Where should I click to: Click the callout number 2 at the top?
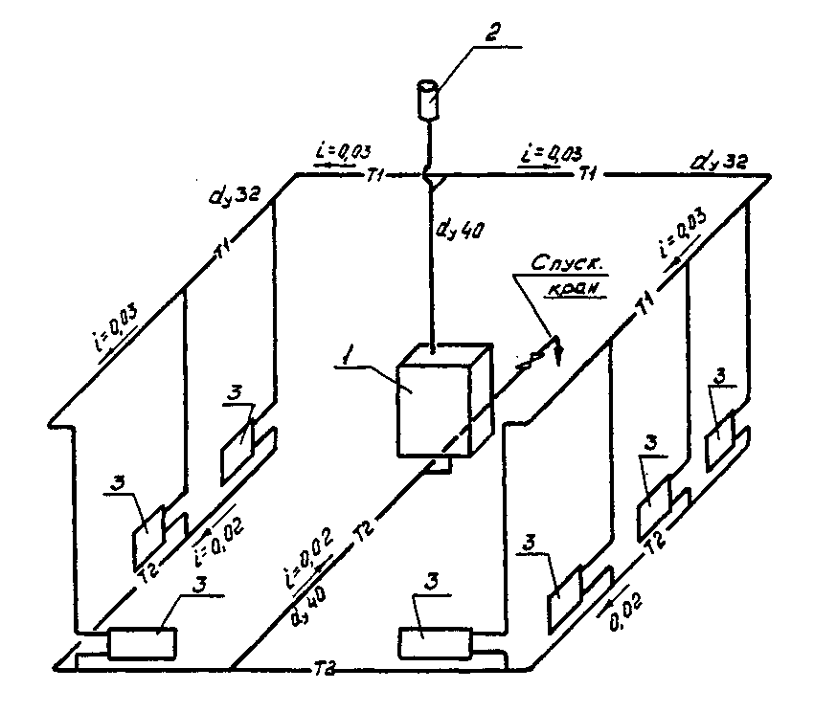click(491, 34)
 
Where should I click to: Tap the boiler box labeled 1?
click(434, 401)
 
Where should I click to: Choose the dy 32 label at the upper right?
click(719, 163)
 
